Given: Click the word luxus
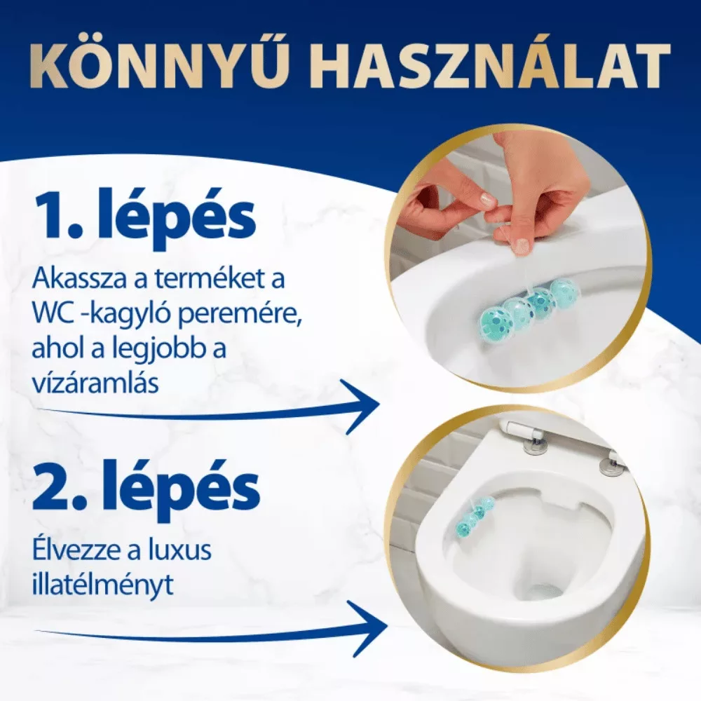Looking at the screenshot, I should tap(182, 552).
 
